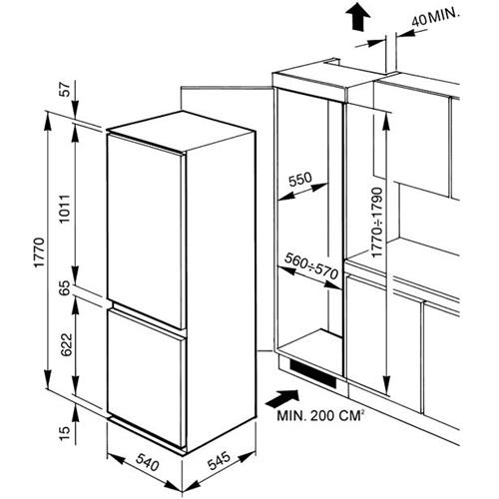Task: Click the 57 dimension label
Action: click(x=66, y=89)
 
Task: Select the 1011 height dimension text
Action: click(x=65, y=209)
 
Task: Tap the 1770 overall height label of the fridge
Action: click(x=40, y=252)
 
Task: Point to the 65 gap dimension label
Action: click(x=66, y=287)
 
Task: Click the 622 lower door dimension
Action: click(x=67, y=344)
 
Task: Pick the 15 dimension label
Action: click(x=66, y=433)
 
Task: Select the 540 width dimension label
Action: click(x=148, y=463)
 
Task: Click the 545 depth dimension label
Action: click(x=219, y=461)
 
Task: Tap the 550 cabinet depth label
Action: click(x=300, y=180)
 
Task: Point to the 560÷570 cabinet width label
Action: click(x=311, y=266)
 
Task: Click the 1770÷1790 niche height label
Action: click(x=377, y=223)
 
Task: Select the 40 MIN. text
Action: click(x=435, y=18)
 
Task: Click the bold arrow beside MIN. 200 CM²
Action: click(x=282, y=398)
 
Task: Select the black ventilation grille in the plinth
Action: click(x=313, y=373)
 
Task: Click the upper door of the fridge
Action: click(x=146, y=232)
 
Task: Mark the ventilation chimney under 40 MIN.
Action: click(x=391, y=53)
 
